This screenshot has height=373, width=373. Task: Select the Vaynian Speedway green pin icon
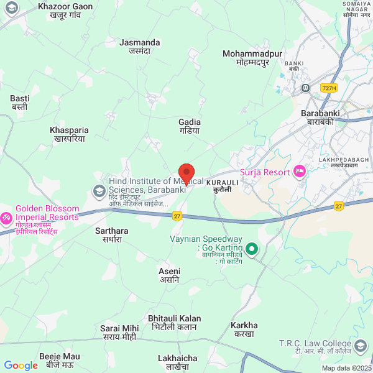(x=252, y=249)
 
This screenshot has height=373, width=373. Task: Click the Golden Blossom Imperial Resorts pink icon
(x=7, y=218)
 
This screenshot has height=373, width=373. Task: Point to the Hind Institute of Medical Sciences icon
(x=98, y=190)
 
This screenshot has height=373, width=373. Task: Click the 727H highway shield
(x=329, y=88)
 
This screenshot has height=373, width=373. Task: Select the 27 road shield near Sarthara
(x=177, y=215)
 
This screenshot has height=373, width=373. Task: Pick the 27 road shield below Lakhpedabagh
(x=338, y=206)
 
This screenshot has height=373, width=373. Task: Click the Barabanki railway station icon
(x=305, y=88)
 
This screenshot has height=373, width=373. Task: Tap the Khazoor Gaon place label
(x=65, y=11)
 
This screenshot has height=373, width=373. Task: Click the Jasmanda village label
(x=139, y=47)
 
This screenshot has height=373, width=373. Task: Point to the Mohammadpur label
(x=252, y=58)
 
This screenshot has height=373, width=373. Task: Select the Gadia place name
(x=189, y=126)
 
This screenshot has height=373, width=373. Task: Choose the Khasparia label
(x=69, y=134)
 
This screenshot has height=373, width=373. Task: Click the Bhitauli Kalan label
(x=175, y=322)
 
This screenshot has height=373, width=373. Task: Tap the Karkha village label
(x=244, y=329)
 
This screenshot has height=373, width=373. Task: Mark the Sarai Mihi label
(x=119, y=332)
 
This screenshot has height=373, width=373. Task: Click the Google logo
(x=21, y=366)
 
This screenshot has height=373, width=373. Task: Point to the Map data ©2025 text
(x=346, y=368)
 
